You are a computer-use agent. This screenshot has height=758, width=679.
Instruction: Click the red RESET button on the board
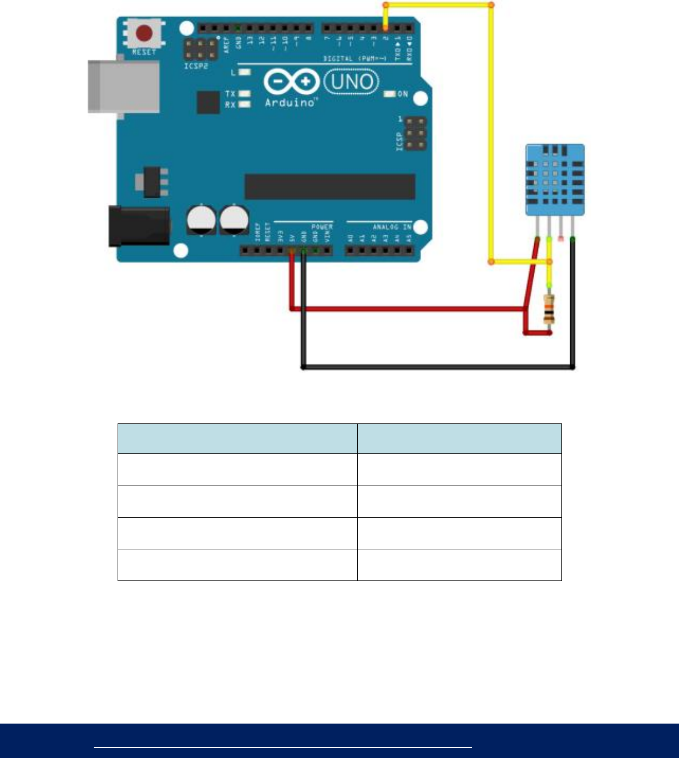(x=144, y=34)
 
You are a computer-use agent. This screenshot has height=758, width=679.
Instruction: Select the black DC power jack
(x=139, y=225)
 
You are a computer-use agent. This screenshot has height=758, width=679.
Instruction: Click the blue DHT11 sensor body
(x=555, y=179)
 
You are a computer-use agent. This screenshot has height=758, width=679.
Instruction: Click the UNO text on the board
(x=352, y=82)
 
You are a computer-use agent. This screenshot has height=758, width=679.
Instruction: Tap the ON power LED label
(x=403, y=94)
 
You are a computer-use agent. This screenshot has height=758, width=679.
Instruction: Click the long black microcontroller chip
(x=330, y=186)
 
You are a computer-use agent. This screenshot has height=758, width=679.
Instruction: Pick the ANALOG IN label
(x=392, y=227)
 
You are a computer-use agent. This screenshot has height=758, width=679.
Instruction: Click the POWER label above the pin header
(x=322, y=227)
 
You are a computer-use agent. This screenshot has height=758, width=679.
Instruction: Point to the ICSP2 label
(x=196, y=66)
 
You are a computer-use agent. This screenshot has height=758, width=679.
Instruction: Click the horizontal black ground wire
(x=438, y=367)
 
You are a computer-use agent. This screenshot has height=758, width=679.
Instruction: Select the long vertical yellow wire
(x=491, y=133)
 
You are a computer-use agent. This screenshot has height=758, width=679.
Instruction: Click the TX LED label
(x=230, y=94)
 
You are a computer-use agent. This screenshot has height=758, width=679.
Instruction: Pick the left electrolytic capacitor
(x=201, y=220)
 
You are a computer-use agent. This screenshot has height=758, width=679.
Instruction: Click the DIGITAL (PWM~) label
(x=355, y=58)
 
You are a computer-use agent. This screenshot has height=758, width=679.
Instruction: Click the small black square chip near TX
(x=209, y=103)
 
